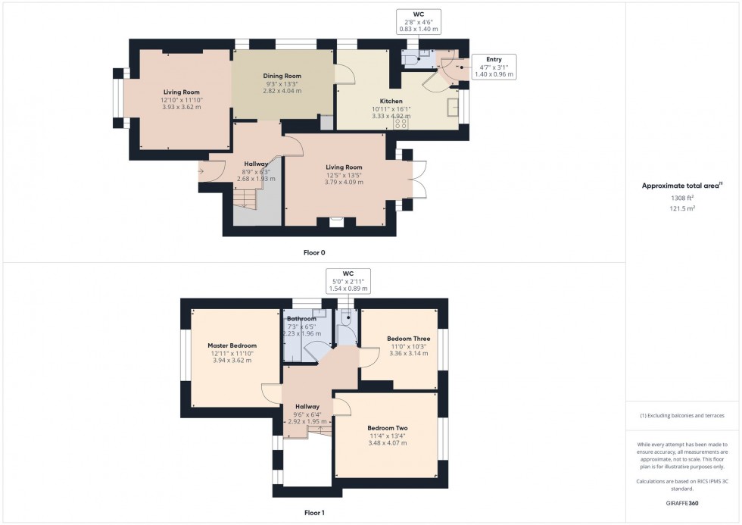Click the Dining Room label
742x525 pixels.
point(282,76)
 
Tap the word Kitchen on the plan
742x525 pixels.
point(391,101)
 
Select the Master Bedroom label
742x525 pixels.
point(232,345)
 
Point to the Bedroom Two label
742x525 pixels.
point(388,428)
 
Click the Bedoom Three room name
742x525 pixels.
point(408,339)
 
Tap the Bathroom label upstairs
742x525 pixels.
point(301,319)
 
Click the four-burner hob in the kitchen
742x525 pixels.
point(401,123)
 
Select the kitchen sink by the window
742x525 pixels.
point(454,107)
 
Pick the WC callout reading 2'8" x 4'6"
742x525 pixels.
point(419,21)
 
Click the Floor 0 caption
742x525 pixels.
point(313,252)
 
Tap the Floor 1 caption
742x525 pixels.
point(313,513)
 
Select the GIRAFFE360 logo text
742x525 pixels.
point(683,502)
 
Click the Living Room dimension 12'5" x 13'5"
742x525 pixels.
point(344,175)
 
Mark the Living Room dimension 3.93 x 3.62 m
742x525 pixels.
point(181,107)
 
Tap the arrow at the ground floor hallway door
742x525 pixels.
point(201,171)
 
